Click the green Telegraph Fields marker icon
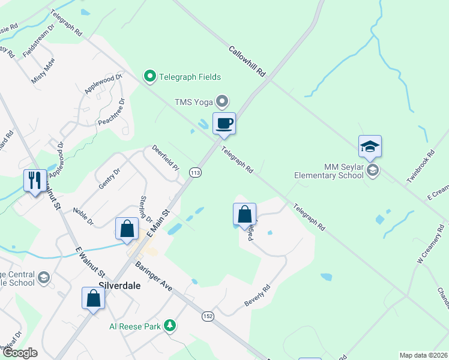point(148,76)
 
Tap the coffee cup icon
point(224,124)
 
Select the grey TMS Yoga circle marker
point(223,101)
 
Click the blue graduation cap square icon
point(370,146)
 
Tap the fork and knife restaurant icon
point(34,180)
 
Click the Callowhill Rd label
point(247,61)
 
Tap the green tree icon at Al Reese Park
point(170,325)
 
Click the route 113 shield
point(195,172)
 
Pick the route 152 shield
point(208,316)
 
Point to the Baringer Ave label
point(154,276)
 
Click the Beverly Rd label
point(258,296)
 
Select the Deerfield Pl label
point(165,157)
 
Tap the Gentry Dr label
point(109,178)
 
